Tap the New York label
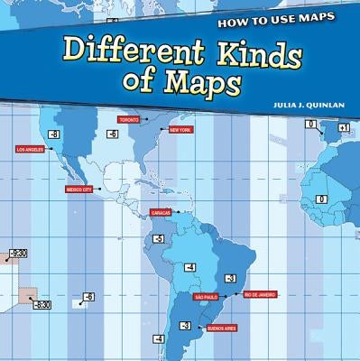(x=180, y=130)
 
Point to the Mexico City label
(x=79, y=190)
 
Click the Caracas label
(x=161, y=213)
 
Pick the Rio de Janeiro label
(x=259, y=294)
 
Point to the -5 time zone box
(x=158, y=239)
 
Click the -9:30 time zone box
(x=17, y=254)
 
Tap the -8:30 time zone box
(x=42, y=305)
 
